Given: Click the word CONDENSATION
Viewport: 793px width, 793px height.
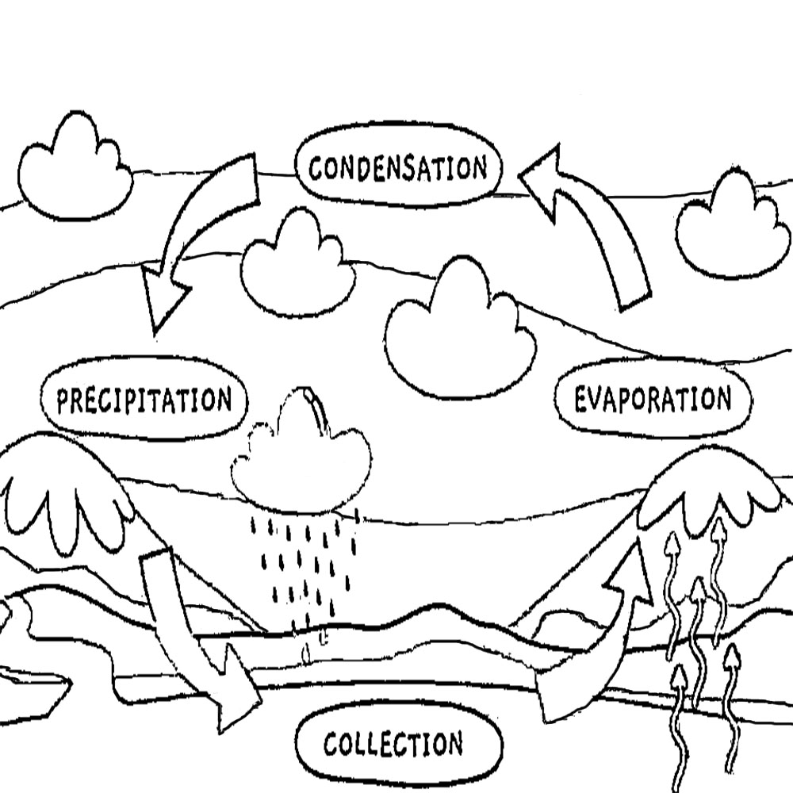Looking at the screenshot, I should pyautogui.click(x=398, y=169).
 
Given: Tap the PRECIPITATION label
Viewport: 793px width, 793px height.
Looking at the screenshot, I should pyautogui.click(x=144, y=400).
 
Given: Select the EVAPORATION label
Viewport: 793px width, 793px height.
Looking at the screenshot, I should pyautogui.click(x=652, y=400).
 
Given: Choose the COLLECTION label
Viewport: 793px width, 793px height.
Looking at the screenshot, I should pyautogui.click(x=394, y=745).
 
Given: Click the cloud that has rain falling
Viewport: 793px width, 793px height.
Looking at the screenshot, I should pyautogui.click(x=301, y=460).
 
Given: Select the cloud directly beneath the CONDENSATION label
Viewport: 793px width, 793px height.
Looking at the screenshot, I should pyautogui.click(x=297, y=266).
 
